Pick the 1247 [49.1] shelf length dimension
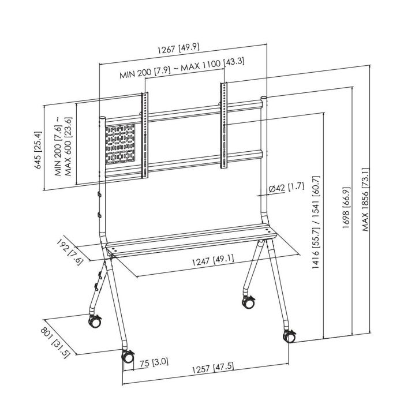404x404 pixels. (213, 259)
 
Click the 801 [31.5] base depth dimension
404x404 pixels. (55, 343)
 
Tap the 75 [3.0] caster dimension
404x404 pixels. (154, 362)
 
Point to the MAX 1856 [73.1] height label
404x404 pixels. (365, 199)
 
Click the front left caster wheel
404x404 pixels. (128, 357)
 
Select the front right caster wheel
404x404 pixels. (288, 336)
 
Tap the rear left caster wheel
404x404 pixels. (93, 321)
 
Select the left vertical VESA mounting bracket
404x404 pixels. (145, 136)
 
